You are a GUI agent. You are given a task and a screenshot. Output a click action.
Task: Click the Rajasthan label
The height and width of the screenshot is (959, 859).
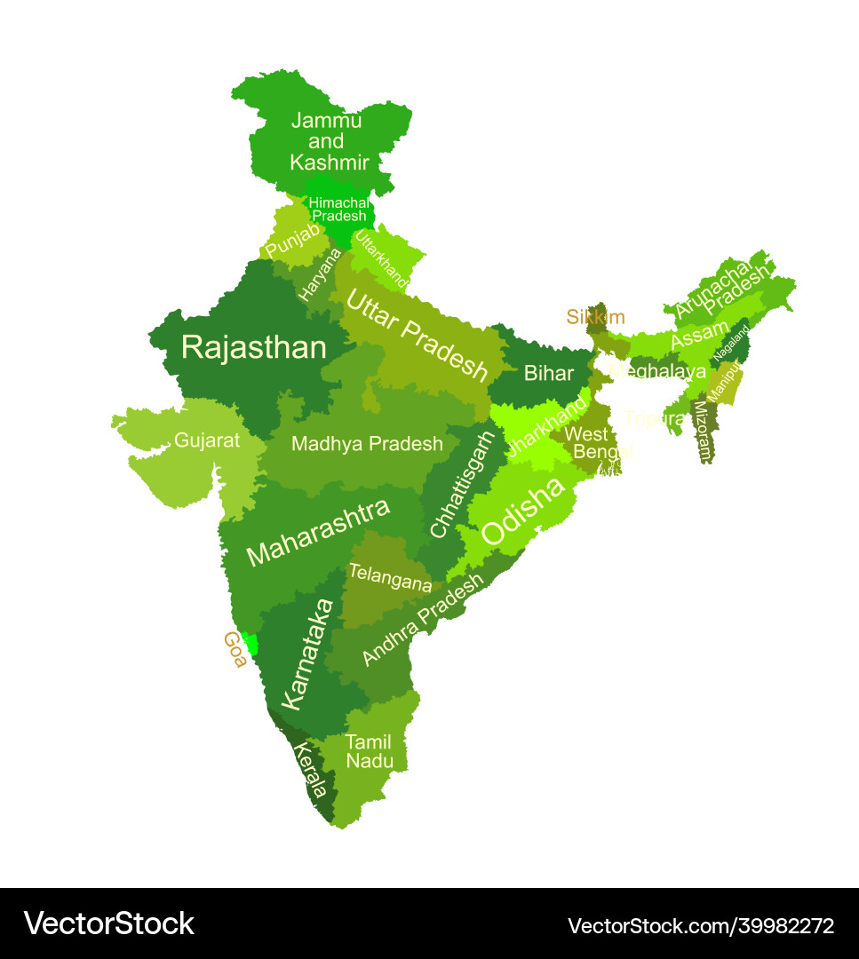coord(254,347)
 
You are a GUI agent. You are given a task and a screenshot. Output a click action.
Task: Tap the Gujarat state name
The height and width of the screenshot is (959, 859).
coord(207,440)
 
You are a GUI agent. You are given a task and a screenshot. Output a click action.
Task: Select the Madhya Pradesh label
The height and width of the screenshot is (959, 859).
coord(367,444)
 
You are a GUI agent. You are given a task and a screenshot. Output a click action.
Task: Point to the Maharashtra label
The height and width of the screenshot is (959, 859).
coord(318,533)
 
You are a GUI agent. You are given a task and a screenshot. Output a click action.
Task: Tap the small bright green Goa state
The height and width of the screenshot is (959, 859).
coord(252,644)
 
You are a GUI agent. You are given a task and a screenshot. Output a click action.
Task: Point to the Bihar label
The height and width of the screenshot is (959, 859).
coord(548,373)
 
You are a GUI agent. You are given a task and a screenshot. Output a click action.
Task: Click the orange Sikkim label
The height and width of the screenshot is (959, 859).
coord(595,317)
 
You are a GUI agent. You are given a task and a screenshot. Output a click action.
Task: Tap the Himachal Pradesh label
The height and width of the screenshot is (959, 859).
coord(338,210)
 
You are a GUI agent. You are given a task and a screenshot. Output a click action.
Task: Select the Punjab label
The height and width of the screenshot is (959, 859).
coord(292,241)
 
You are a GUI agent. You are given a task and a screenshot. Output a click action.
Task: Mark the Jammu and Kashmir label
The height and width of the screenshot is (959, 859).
coord(328,141)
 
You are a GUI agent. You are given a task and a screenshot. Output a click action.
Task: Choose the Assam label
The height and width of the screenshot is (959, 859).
coord(699,336)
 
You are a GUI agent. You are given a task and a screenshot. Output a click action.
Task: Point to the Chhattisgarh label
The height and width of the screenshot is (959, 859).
coord(463,485)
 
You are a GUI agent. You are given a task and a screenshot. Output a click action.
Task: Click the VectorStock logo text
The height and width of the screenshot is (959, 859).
coord(108,923)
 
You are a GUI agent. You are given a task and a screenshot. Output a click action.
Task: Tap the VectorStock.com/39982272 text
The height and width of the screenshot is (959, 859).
coord(701,925)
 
